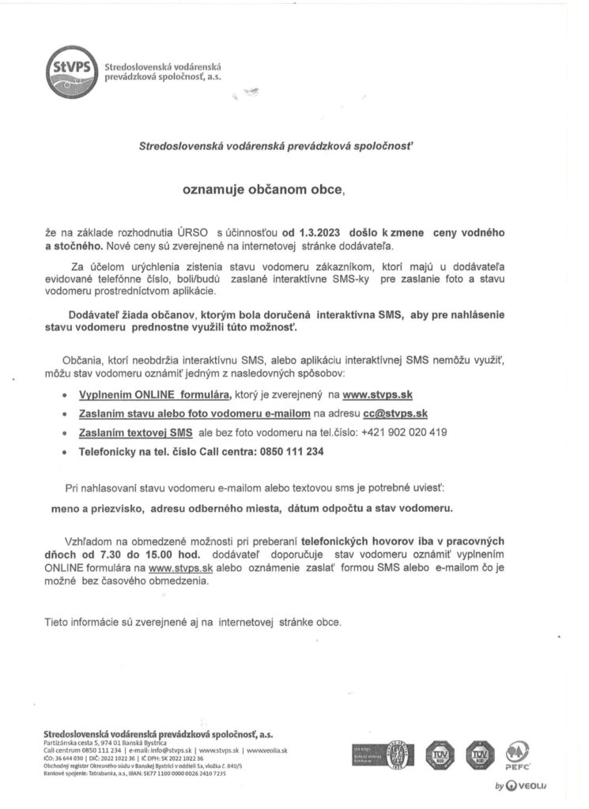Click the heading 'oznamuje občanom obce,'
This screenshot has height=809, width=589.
(x=264, y=190)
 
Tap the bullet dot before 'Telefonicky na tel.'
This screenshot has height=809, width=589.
(x=64, y=453)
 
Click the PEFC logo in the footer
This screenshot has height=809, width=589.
(x=518, y=754)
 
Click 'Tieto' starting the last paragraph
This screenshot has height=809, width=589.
(x=57, y=622)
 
